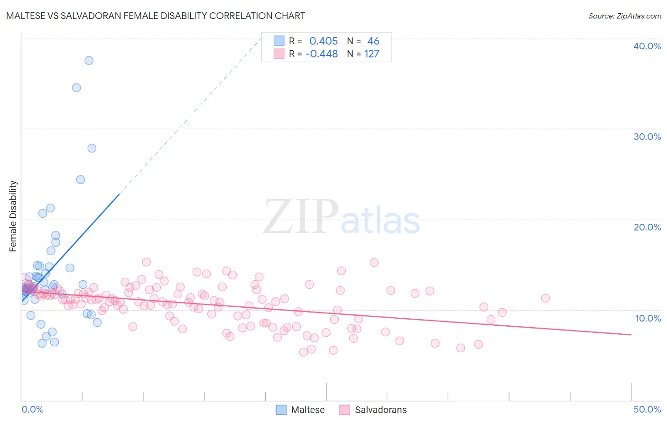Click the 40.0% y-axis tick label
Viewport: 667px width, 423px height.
point(647,46)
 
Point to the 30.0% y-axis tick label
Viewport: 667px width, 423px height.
point(647,137)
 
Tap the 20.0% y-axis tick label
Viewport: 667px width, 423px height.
point(647,227)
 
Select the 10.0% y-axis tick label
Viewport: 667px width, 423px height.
point(648,318)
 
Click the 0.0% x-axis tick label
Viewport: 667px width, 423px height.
point(32,409)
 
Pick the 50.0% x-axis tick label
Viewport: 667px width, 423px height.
point(647,409)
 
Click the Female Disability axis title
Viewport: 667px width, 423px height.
point(13,216)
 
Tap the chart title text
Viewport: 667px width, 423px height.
point(156,16)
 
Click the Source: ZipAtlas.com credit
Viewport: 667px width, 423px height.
point(624,16)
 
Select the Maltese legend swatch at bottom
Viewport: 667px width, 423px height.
point(281,410)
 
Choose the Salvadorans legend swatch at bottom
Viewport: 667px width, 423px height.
point(345,410)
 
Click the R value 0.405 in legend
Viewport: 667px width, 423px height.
point(324,41)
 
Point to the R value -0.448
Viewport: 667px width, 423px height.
point(322,54)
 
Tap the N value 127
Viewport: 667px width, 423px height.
point(372,54)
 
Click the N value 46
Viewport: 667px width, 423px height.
point(373,41)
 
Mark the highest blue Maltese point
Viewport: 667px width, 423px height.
point(89,60)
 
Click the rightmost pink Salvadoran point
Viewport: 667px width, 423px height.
point(546,298)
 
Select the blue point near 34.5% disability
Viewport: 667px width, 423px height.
point(76,88)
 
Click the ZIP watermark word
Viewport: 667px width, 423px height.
point(301,217)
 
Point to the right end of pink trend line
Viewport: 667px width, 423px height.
point(631,335)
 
